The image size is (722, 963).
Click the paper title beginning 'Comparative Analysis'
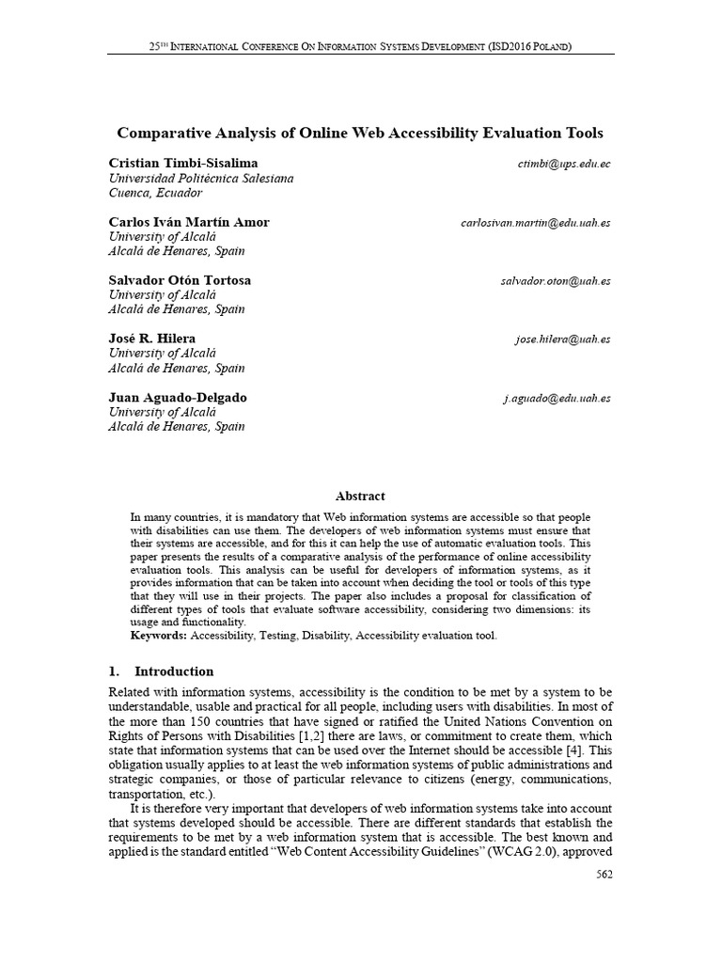[x=360, y=134]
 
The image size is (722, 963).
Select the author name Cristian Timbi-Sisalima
[x=182, y=164]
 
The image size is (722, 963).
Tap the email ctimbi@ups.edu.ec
[x=564, y=164]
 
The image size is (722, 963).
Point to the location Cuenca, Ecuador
[x=156, y=193]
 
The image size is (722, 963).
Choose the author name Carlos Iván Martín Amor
[x=189, y=223]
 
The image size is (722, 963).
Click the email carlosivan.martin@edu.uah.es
[x=536, y=223]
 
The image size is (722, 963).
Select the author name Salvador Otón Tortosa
[x=180, y=281]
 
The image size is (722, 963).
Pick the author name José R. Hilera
[x=152, y=339]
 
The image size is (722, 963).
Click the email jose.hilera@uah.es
[x=562, y=339]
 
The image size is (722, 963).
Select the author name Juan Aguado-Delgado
[x=178, y=398]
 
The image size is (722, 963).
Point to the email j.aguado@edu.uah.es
[x=557, y=398]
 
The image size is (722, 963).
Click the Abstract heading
[x=360, y=496]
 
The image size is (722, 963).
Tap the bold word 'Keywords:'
[x=159, y=636]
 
